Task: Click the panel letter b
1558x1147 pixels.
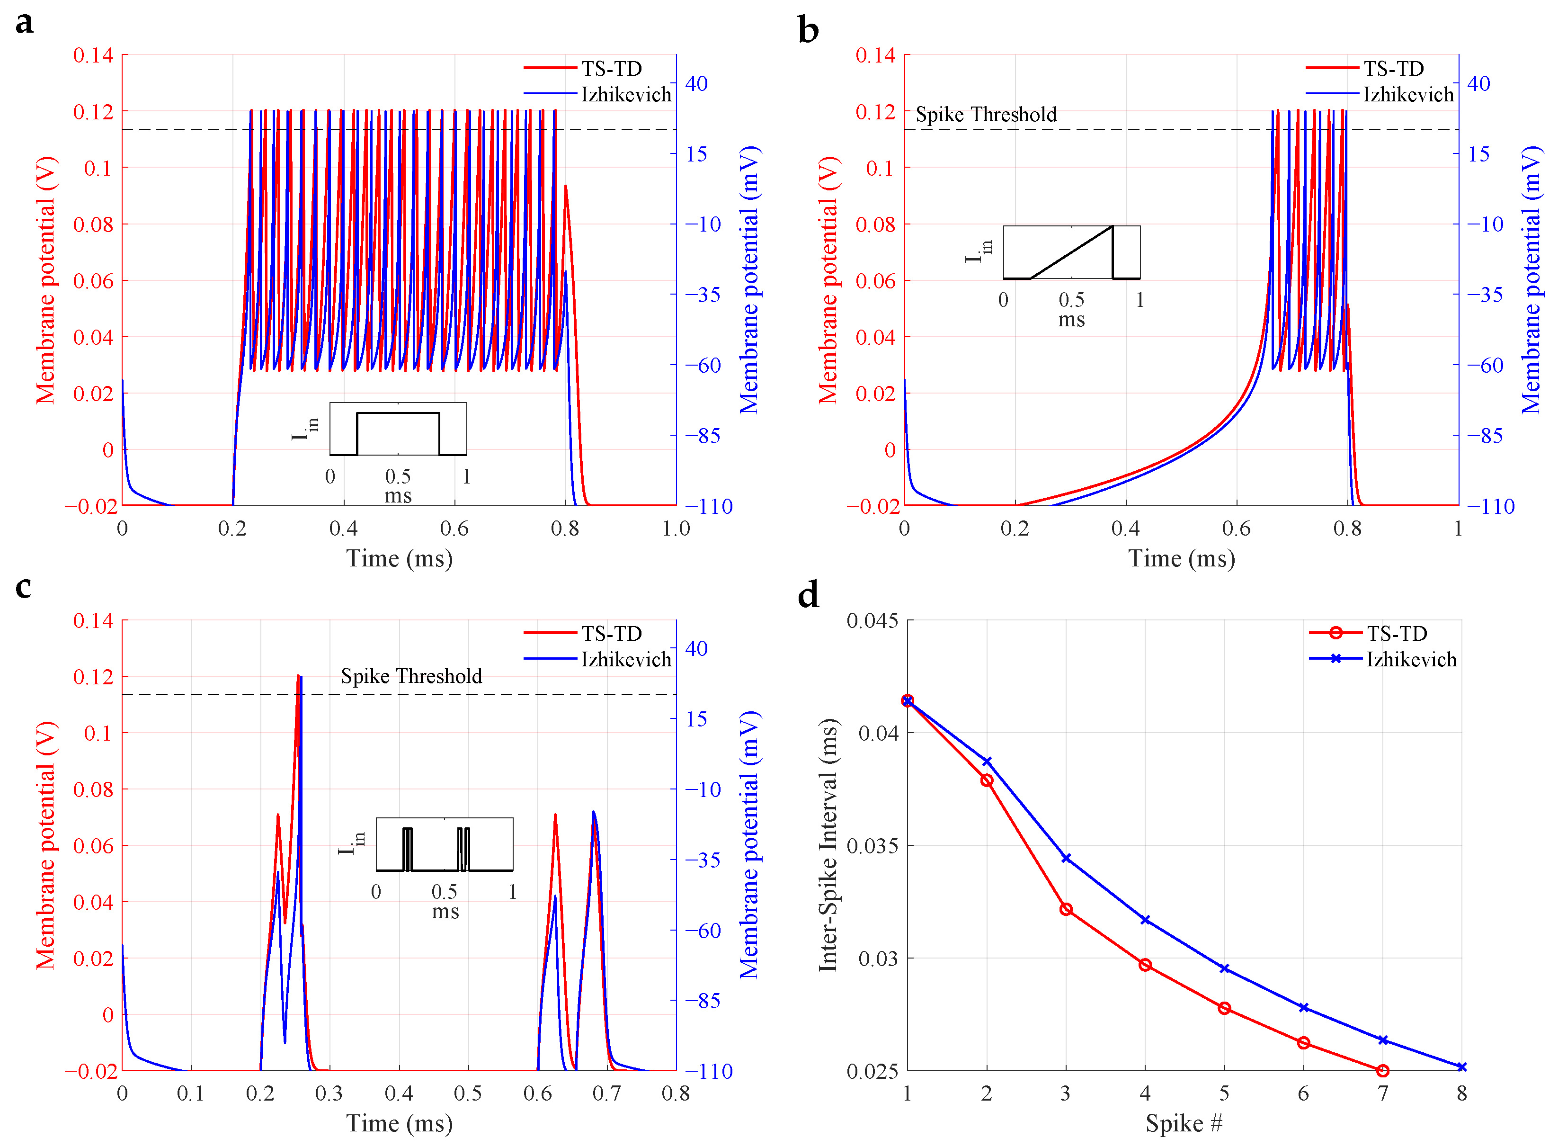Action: point(809,30)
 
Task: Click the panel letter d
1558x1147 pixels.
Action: point(809,595)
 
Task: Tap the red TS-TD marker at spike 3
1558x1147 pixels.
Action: point(1066,909)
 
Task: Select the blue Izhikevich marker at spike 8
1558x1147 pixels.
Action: point(1461,1067)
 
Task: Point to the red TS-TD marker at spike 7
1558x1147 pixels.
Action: point(1382,1071)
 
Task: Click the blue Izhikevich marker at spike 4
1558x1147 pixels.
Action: point(1145,919)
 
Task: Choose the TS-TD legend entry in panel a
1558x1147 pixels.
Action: point(583,68)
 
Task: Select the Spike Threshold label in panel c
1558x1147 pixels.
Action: point(411,676)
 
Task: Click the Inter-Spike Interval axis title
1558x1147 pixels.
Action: point(828,845)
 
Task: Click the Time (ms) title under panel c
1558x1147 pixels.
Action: point(400,1123)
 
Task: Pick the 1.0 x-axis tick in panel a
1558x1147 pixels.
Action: point(676,529)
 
